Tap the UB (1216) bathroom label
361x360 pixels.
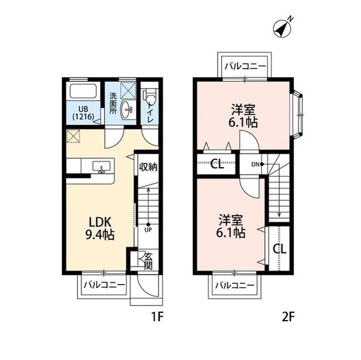tap(83, 113)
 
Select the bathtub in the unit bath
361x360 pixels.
tap(83, 92)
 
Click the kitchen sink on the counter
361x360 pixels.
tap(102, 166)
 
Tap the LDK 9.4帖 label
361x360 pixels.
tap(100, 228)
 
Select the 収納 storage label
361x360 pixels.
tap(148, 167)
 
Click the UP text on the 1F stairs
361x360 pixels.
tap(148, 229)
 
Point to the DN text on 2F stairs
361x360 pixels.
tap(255, 164)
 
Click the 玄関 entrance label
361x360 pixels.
tap(149, 261)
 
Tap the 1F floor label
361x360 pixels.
tap(157, 317)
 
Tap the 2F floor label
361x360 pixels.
tap(288, 317)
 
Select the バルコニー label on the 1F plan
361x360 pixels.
tap(104, 285)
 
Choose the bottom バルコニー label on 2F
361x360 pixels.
tap(235, 286)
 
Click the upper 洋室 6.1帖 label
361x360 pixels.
tap(243, 116)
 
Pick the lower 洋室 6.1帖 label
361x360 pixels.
tap(231, 226)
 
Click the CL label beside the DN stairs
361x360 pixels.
tap(217, 165)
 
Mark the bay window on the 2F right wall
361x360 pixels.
tap(298, 115)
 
